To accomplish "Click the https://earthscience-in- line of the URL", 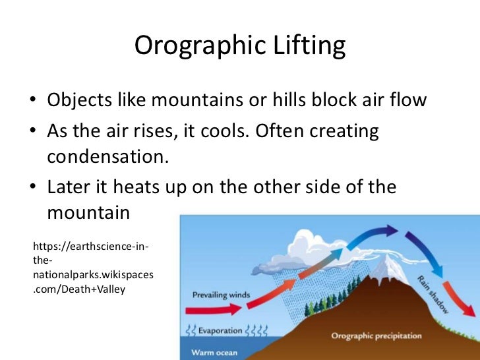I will (90, 247).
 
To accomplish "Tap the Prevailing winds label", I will (222, 295).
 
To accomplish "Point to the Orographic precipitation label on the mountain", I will (376, 336).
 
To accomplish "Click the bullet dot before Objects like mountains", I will (32, 102).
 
